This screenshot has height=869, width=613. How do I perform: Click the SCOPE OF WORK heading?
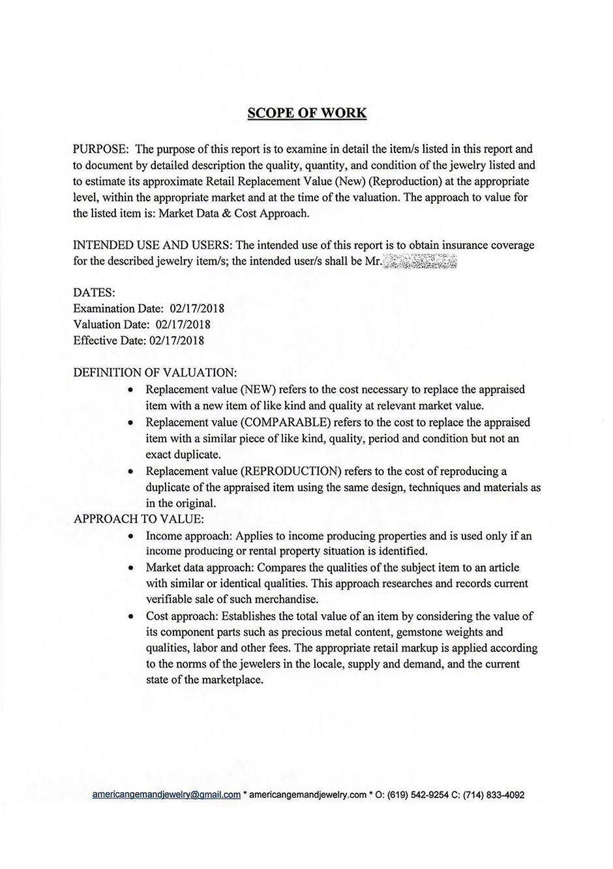pyautogui.click(x=306, y=113)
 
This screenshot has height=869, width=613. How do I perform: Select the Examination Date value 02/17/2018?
pyautogui.click(x=196, y=308)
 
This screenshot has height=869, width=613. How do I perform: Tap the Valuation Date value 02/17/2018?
pyautogui.click(x=183, y=324)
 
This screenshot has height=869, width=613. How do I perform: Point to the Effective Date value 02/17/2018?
pyautogui.click(x=177, y=340)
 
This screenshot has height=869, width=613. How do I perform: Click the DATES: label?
pyautogui.click(x=94, y=292)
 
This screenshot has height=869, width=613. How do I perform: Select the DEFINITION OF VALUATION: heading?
pyautogui.click(x=155, y=373)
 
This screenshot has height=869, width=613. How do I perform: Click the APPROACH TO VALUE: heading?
pyautogui.click(x=139, y=519)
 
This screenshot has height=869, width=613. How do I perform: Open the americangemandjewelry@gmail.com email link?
pyautogui.click(x=166, y=795)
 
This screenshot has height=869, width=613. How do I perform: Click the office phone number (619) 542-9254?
pyautogui.click(x=417, y=795)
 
